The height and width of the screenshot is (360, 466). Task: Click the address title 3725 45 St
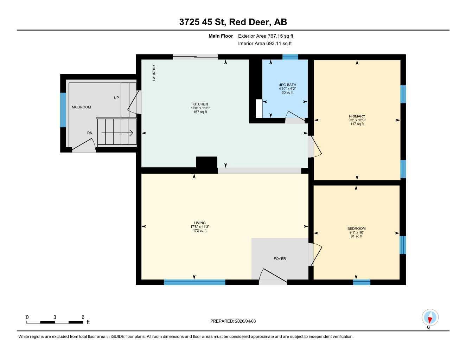(x=233, y=22)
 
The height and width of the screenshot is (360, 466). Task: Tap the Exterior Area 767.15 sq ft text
(x=266, y=36)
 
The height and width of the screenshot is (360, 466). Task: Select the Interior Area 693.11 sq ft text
(x=265, y=44)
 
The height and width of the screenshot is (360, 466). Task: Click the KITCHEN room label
(x=200, y=104)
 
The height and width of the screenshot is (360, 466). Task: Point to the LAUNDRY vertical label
(x=154, y=72)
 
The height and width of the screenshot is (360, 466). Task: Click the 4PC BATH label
(x=287, y=85)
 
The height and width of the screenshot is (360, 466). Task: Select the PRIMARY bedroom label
(x=357, y=116)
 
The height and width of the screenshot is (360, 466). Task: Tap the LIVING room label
(x=200, y=223)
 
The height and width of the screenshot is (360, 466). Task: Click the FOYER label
(x=280, y=259)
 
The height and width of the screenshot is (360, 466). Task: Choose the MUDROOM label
(x=81, y=107)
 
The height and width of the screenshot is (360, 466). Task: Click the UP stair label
(x=116, y=98)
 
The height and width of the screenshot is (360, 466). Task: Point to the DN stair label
(x=90, y=133)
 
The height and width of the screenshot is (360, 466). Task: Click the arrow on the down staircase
(x=117, y=133)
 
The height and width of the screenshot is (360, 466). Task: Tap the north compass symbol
(x=430, y=317)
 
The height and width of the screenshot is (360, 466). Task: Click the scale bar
(x=55, y=322)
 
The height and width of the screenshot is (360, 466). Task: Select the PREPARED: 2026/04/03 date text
(x=233, y=321)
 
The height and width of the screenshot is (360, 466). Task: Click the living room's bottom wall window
(x=194, y=282)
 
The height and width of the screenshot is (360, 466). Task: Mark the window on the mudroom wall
(x=63, y=110)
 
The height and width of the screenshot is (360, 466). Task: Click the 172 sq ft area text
(x=200, y=231)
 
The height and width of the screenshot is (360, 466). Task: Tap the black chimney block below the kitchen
(x=206, y=164)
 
